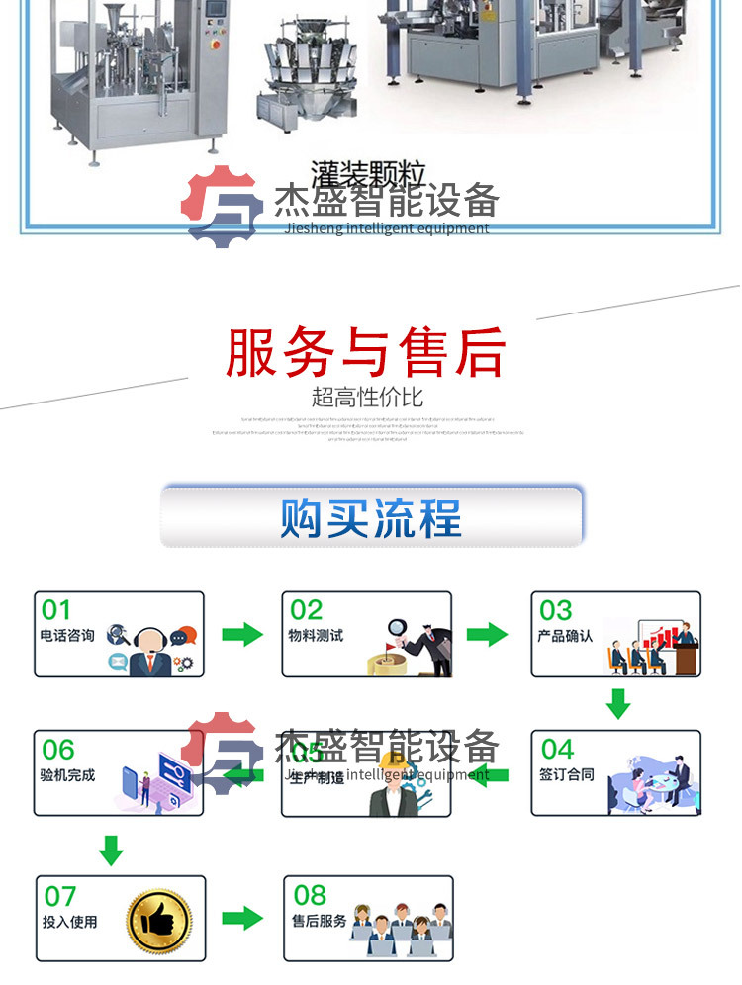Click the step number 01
point(56,610)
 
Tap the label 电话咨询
point(67,636)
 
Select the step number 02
point(307,610)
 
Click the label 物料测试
point(316,636)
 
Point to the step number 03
point(556,610)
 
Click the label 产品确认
point(565,636)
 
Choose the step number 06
point(58,750)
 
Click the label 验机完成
point(67,775)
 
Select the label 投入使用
point(70,922)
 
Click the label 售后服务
point(320,921)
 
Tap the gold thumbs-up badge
point(159,918)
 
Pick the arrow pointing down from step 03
point(618,703)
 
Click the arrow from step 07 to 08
point(242,918)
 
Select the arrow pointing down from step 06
point(111,848)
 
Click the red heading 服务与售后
point(366,352)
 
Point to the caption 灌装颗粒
point(367,176)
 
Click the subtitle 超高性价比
point(367,398)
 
